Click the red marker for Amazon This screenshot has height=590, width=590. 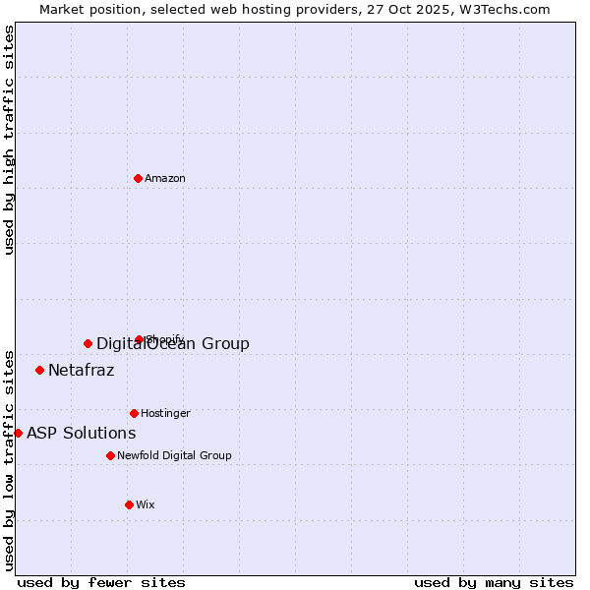pyautogui.click(x=138, y=178)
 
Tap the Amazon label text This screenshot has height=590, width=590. pyautogui.click(x=165, y=178)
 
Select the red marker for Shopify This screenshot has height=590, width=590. pyautogui.click(x=139, y=339)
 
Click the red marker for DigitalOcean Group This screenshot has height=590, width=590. pyautogui.click(x=88, y=343)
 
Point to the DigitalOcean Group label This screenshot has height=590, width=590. pyautogui.click(x=173, y=343)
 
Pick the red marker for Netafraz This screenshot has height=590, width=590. pyautogui.click(x=39, y=370)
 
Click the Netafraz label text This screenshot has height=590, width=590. pyautogui.click(x=81, y=371)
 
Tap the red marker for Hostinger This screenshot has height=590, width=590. pyautogui.click(x=134, y=413)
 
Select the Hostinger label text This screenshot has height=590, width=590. pyautogui.click(x=165, y=413)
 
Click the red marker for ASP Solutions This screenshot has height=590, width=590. pyautogui.click(x=18, y=433)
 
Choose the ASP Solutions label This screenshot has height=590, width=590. pyautogui.click(x=81, y=433)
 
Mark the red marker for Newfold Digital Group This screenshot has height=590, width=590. pyautogui.click(x=110, y=455)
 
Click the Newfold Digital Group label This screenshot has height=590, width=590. pyautogui.click(x=174, y=455)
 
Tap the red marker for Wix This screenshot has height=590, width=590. pyautogui.click(x=129, y=504)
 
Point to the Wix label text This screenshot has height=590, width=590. pyautogui.click(x=146, y=504)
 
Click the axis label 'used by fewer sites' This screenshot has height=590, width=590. pyautogui.click(x=101, y=582)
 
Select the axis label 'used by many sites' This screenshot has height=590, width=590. pyautogui.click(x=494, y=582)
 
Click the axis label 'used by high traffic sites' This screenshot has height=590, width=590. pyautogui.click(x=9, y=140)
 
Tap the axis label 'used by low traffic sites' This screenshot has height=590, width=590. pyautogui.click(x=9, y=460)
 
